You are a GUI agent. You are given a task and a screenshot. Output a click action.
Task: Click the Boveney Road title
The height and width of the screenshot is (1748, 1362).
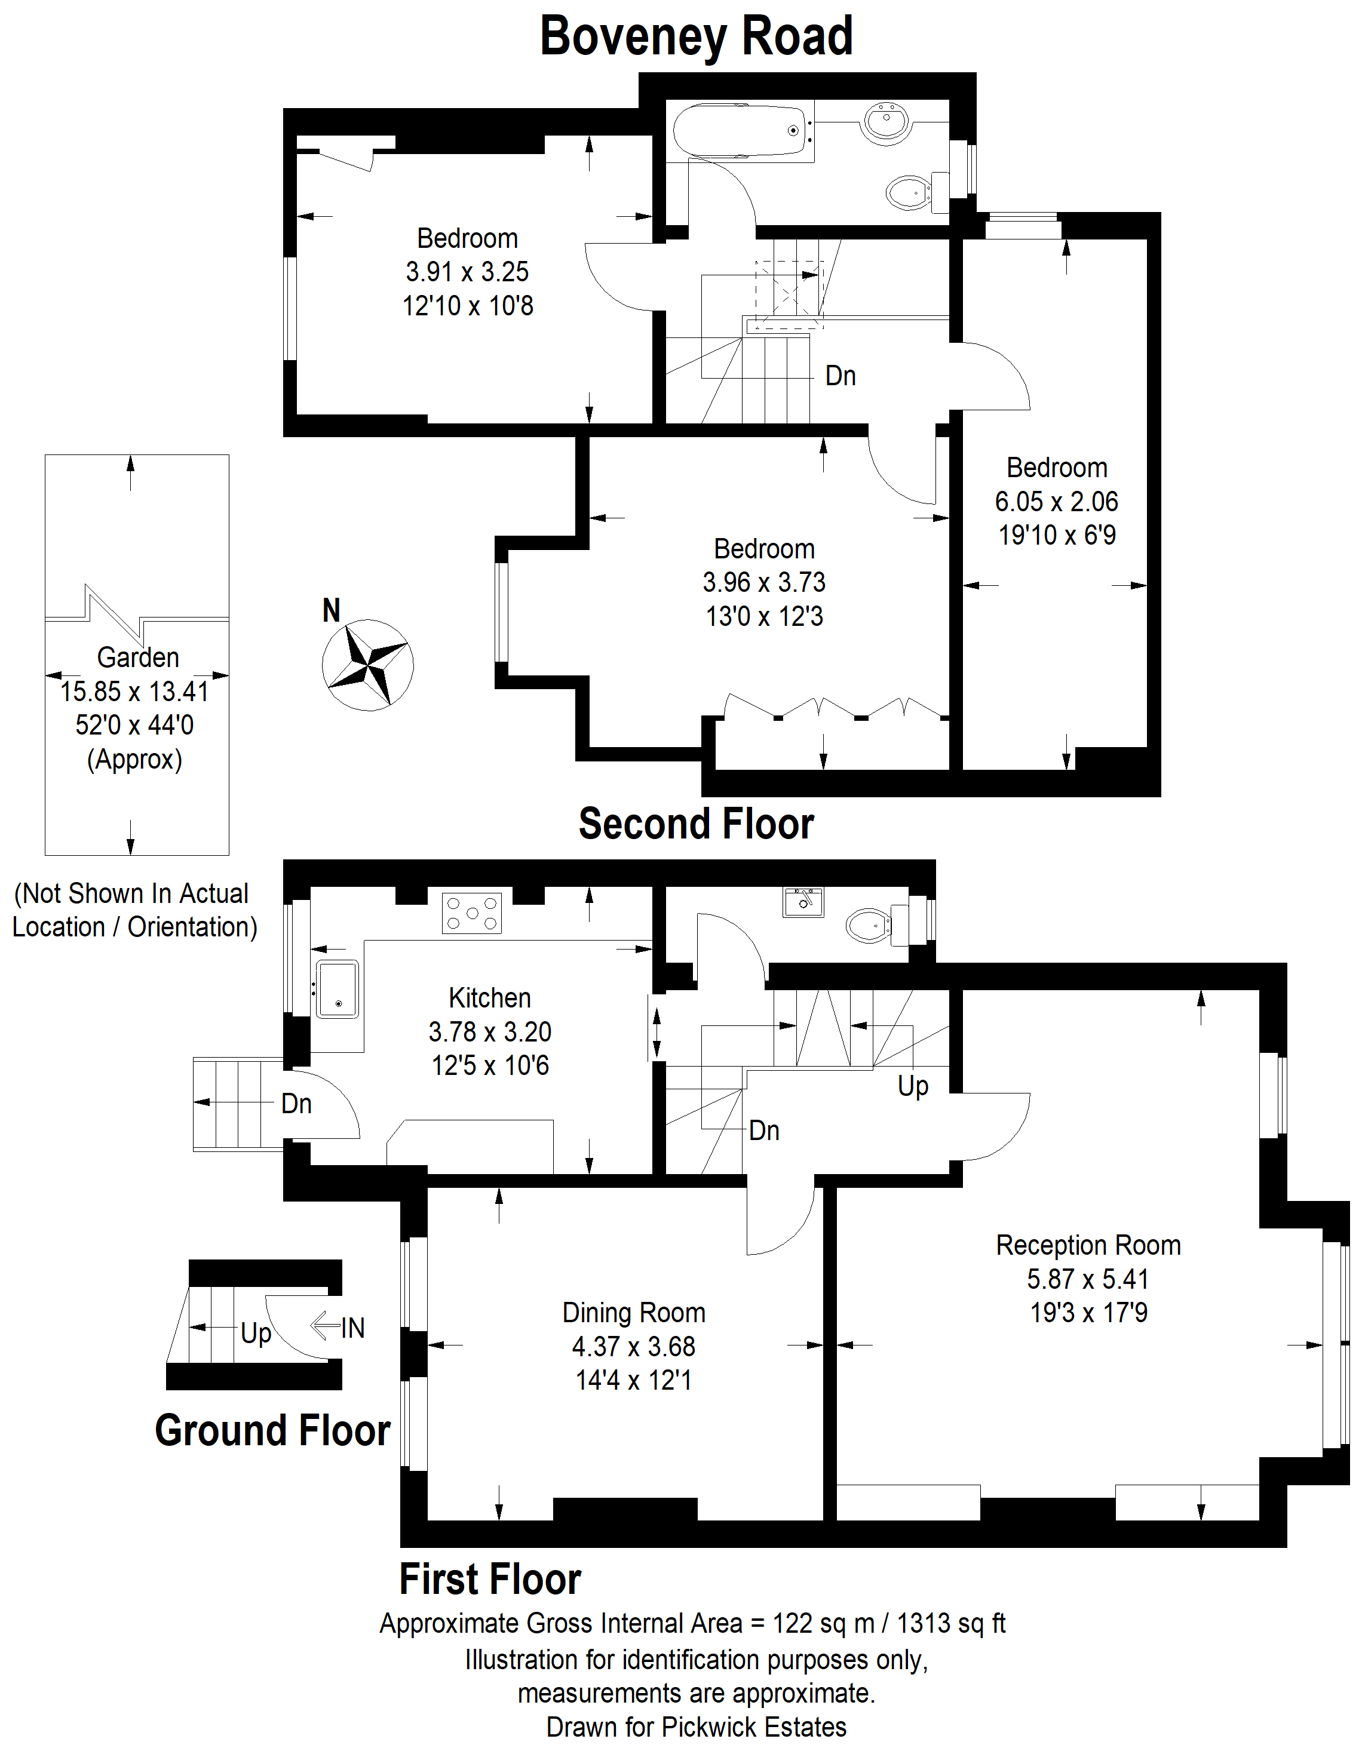tap(696, 37)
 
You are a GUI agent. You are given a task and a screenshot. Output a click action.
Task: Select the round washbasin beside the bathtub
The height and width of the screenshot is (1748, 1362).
tap(887, 122)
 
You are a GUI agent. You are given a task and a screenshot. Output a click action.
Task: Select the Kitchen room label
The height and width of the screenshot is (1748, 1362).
tap(490, 998)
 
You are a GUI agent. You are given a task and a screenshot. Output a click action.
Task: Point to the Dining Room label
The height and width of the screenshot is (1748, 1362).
tap(633, 1313)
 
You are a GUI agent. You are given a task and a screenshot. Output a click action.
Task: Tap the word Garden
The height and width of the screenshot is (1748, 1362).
tap(138, 657)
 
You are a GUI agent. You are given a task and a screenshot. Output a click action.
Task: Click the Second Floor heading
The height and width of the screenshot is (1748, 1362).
tap(697, 824)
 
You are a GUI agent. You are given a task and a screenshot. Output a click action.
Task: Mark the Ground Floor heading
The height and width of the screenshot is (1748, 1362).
tap(273, 1430)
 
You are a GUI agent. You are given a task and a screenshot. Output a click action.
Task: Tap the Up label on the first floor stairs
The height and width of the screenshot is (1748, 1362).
tap(913, 1086)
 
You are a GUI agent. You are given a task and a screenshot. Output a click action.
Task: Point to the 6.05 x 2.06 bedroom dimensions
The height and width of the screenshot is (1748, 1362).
tap(1056, 501)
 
